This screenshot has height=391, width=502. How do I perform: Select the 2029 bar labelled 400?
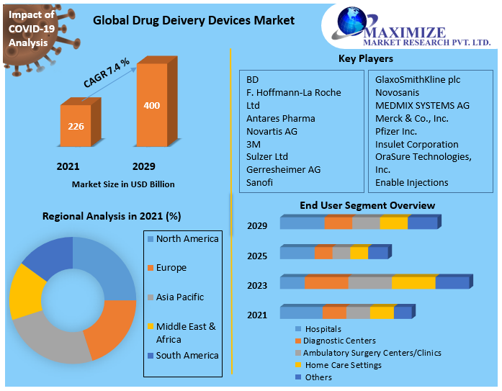(152, 106)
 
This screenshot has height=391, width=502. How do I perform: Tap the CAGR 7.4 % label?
(107, 73)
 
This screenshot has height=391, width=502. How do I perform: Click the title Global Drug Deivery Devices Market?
(194, 20)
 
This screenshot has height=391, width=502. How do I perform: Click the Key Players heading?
(365, 58)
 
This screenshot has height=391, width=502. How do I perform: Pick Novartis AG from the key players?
(272, 131)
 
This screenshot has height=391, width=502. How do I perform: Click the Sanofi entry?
(260, 183)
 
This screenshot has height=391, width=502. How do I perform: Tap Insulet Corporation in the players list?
(416, 144)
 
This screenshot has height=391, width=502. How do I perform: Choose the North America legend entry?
(187, 239)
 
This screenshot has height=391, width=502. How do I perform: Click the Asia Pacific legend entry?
(179, 297)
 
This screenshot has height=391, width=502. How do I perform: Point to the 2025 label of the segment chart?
(257, 256)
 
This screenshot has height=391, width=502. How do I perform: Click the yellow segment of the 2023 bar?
(413, 283)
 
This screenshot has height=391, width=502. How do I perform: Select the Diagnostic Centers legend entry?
(339, 341)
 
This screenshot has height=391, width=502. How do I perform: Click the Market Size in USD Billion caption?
(123, 184)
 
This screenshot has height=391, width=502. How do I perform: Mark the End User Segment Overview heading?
(367, 206)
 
